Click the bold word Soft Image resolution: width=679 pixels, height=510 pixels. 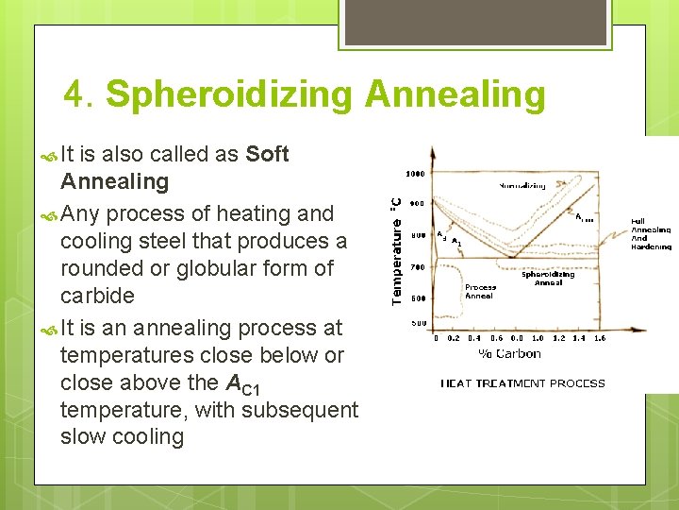point(267,155)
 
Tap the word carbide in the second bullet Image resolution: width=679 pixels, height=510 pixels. point(97,296)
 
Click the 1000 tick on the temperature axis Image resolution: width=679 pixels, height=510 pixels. point(415,174)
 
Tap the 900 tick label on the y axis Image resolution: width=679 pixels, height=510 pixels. point(417,203)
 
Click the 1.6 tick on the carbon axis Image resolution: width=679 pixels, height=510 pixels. point(600,338)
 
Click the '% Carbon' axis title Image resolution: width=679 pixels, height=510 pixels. point(510,354)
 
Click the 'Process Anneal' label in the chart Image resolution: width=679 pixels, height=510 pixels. point(480,292)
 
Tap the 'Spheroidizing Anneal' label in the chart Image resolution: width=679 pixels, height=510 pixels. point(548,279)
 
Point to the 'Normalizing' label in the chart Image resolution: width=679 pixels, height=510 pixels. point(522,186)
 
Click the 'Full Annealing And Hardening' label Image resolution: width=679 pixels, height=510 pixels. point(651,233)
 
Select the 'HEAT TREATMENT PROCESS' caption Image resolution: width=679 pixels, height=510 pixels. point(522,383)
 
